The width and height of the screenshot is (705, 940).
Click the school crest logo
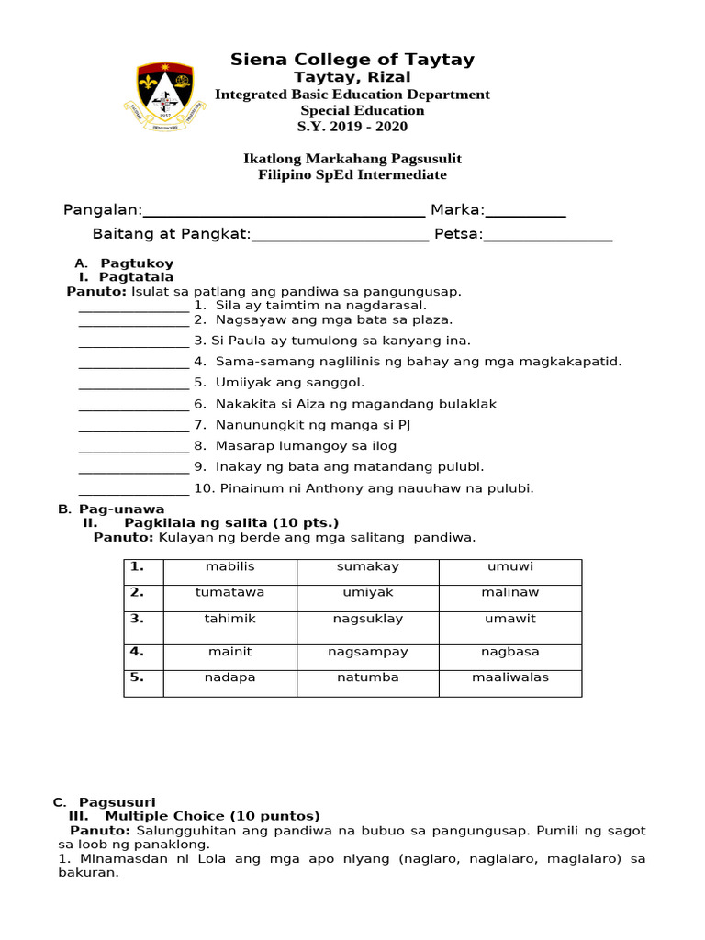tap(165, 94)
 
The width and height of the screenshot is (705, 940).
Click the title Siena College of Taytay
tap(352, 60)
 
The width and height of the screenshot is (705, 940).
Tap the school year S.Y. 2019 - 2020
tap(352, 127)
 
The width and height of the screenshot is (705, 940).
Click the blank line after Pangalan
tap(284, 211)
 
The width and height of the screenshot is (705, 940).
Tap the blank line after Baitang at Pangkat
tap(340, 235)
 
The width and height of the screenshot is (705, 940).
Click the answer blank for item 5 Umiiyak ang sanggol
tap(134, 383)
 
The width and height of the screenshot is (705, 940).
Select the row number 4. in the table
tap(138, 652)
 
